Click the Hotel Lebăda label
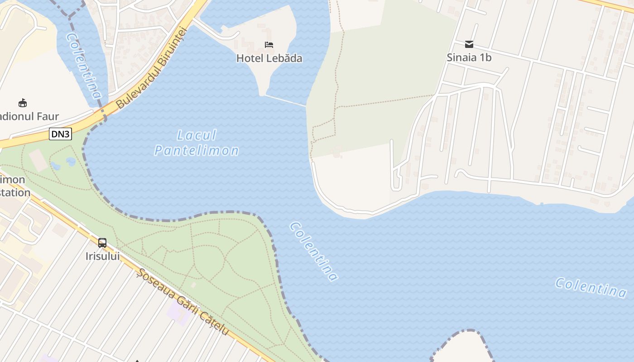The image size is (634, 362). (269, 58)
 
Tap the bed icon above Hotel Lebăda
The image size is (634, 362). (269, 45)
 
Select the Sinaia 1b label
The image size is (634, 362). (469, 58)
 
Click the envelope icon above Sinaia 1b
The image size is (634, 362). (469, 44)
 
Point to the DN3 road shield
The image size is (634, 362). (60, 134)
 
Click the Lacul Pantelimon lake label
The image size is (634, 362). (197, 143)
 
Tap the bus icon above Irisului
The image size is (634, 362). (102, 243)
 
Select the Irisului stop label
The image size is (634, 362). (102, 256)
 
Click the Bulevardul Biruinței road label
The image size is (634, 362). (151, 68)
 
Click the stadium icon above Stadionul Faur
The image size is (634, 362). (23, 103)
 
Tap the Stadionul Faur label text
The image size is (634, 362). (29, 117)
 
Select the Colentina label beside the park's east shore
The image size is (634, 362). (314, 251)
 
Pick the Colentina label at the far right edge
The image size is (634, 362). (591, 287)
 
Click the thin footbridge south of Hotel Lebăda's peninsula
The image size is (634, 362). (285, 100)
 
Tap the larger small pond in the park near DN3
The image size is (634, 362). (71, 162)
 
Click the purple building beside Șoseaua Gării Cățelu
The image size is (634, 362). (179, 313)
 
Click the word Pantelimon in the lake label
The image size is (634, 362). (197, 151)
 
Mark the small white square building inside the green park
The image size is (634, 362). (194, 285)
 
